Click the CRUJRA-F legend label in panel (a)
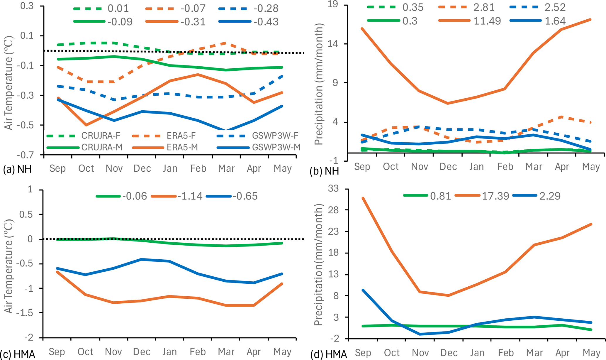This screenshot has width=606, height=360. click(101, 136)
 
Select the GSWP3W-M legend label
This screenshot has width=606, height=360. click(276, 147)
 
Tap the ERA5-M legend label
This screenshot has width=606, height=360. click(182, 147)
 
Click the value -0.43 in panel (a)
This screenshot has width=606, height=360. click(266, 22)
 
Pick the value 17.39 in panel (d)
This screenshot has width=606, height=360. click(495, 196)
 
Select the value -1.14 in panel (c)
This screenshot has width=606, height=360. click(190, 196)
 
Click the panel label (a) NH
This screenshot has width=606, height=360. click(17, 169)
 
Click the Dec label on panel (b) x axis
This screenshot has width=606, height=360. click(448, 167)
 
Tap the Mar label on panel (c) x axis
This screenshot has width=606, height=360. click(226, 351)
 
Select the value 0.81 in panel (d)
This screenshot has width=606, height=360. click(440, 196)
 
